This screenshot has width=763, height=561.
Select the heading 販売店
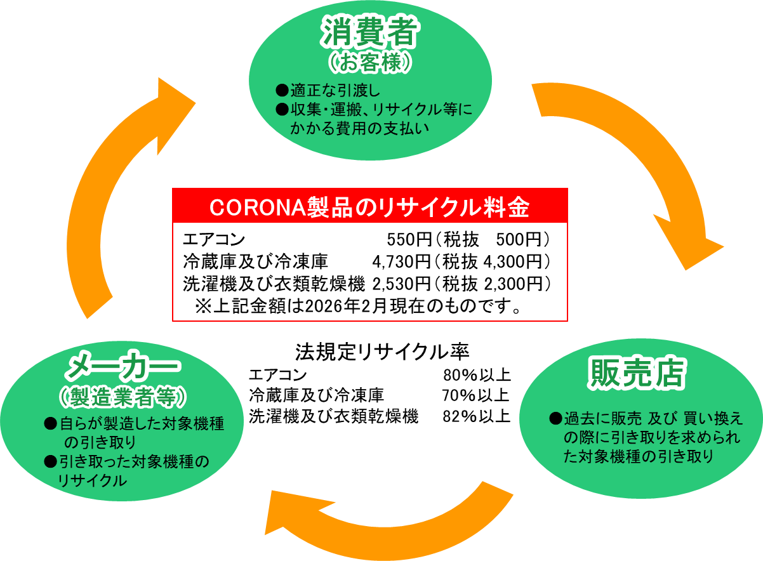click(x=637, y=374)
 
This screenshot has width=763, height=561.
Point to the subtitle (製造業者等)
click(x=123, y=397)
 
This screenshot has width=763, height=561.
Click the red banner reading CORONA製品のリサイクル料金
click(x=369, y=206)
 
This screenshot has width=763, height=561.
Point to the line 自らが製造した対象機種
click(x=142, y=424)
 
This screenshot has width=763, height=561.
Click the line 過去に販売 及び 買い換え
click(x=653, y=419)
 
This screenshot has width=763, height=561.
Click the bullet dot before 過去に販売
click(x=555, y=419)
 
